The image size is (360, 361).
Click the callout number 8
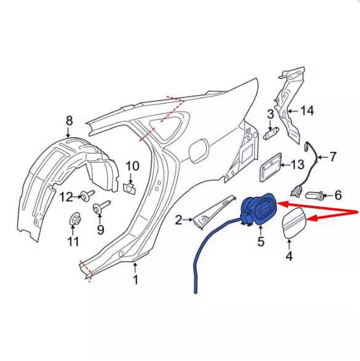(x=69, y=121)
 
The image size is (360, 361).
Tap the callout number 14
(x=307, y=111)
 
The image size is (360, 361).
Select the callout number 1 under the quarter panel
(x=136, y=280)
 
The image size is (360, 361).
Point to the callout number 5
(x=261, y=241)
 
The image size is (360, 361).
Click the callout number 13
(x=298, y=165)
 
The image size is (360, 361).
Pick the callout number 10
(x=132, y=166)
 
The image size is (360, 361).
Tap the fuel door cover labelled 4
(x=295, y=222)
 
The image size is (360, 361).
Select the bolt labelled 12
(x=87, y=196)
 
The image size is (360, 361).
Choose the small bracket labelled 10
(x=129, y=188)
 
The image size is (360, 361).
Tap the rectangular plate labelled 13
(x=271, y=167)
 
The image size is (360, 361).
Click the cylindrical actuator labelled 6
(x=314, y=196)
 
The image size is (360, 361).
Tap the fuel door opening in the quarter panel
(x=199, y=151)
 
